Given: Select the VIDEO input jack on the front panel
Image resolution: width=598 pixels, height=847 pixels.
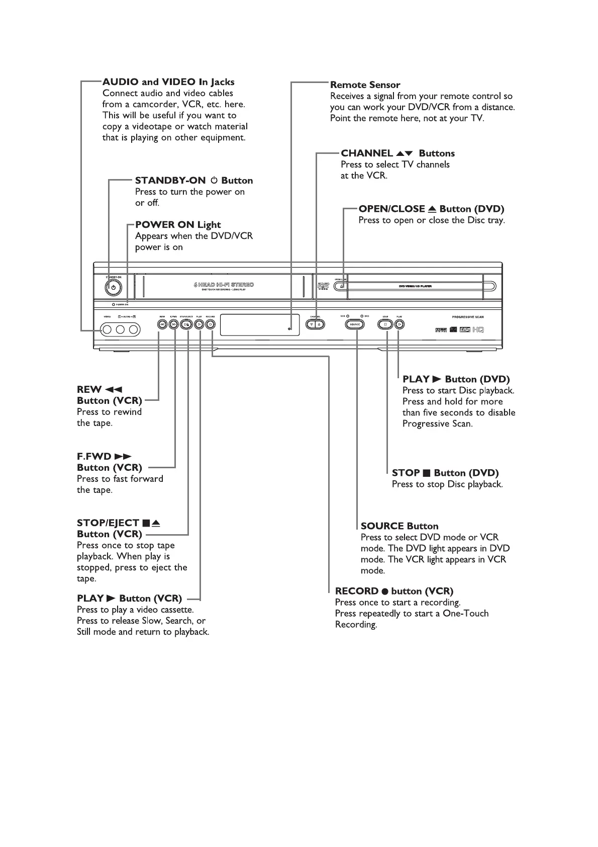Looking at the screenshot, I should [107, 329].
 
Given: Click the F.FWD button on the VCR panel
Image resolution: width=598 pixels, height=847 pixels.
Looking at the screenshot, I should [173, 324].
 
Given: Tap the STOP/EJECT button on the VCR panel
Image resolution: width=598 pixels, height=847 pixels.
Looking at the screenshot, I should [186, 324].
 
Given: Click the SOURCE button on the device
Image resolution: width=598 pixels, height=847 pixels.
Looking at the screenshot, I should [355, 324].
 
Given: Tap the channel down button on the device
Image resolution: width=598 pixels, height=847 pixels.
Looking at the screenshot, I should [311, 324].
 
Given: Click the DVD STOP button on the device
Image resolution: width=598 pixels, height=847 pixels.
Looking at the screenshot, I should [385, 324].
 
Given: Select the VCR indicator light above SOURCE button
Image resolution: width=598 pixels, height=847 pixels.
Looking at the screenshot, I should [348, 316].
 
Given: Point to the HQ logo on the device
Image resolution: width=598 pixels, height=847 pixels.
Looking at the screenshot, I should [478, 330].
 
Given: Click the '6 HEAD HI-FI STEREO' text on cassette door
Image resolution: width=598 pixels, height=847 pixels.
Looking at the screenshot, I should [224, 285].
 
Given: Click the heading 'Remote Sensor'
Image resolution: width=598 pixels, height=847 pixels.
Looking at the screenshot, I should [365, 85].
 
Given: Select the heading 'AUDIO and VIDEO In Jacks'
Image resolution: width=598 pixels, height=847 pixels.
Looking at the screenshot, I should [168, 82].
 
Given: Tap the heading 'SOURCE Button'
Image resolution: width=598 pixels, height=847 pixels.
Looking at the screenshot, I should [400, 526].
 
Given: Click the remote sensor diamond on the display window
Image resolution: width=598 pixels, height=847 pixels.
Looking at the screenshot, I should [289, 328].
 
